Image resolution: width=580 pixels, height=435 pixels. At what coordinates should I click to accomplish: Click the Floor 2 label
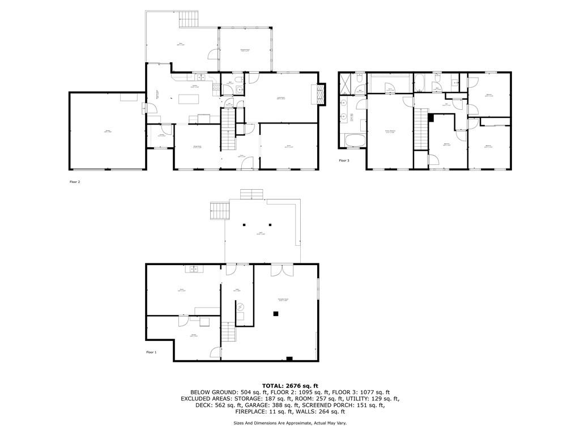click(x=75, y=182)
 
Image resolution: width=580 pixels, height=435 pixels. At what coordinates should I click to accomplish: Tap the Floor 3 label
click(x=344, y=160)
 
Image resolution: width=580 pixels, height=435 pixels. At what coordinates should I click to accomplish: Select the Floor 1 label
click(x=151, y=352)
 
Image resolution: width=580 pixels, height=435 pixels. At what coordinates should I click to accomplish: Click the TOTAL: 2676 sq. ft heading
click(x=290, y=385)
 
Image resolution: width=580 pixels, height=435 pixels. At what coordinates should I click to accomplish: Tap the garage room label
click(x=108, y=131)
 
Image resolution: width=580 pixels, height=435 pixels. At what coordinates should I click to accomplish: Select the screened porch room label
click(x=245, y=51)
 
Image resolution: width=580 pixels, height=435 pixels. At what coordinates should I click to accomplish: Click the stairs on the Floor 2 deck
click(x=190, y=19)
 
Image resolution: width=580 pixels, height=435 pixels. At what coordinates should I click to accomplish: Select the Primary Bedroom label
click(x=390, y=131)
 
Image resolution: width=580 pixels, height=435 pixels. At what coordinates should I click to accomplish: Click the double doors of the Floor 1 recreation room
click(x=278, y=270)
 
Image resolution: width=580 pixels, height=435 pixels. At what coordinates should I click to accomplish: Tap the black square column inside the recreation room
click(x=276, y=313)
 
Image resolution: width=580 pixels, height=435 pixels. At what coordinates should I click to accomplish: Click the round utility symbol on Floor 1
click(x=241, y=306)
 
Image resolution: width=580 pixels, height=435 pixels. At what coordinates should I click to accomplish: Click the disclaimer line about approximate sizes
click(x=290, y=423)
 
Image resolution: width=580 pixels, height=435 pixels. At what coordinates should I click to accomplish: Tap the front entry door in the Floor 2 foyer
click(x=248, y=164)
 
